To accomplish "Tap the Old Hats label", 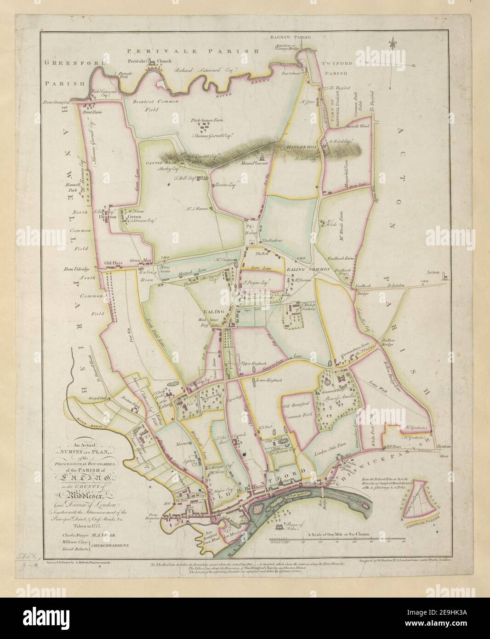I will click(x=113, y=263).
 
